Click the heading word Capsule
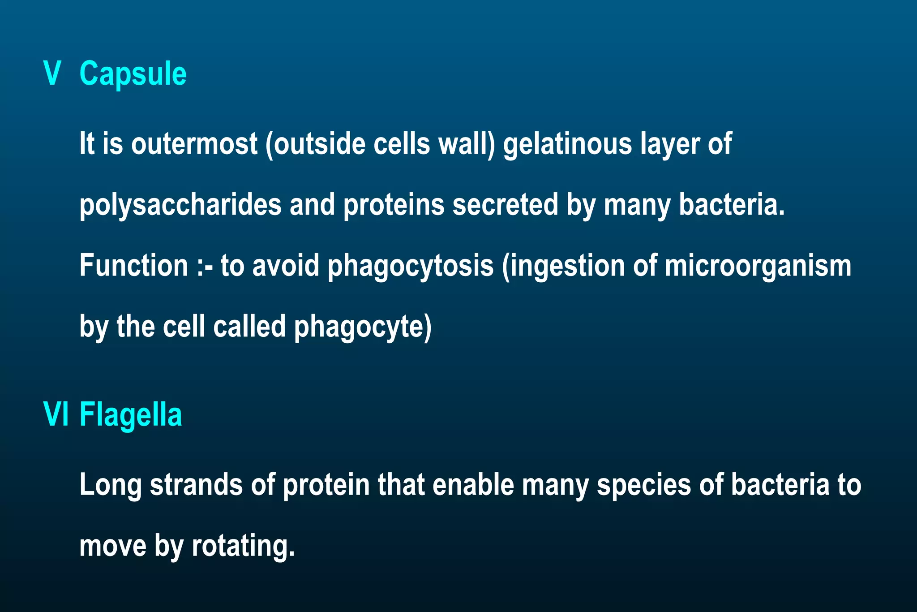pos(133,74)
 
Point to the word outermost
pos(194,144)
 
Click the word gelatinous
pos(567,144)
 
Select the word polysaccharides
pos(180,205)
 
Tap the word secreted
pos(505,205)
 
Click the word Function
pos(133,266)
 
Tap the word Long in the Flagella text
pos(110,486)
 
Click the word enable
pos(473,485)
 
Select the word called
pos(249,327)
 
